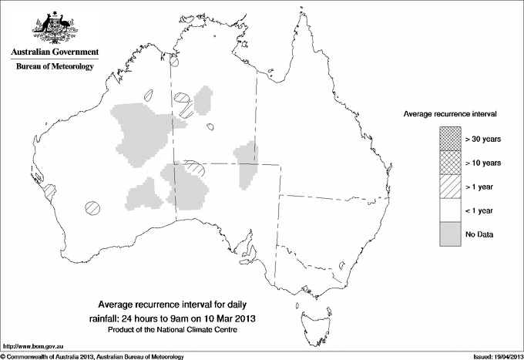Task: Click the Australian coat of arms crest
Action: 54,29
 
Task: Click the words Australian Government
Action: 54,52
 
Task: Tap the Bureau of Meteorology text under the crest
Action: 54,67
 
